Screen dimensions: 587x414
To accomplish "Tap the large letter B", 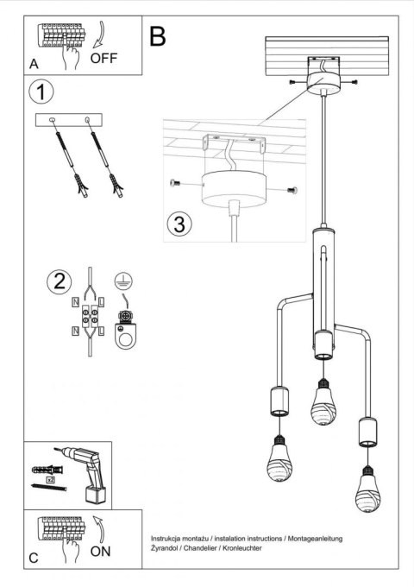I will coord(157,36).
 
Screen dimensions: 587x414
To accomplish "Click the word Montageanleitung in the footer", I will coord(307,539).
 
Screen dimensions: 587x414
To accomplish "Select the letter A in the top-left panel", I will coord(33,64).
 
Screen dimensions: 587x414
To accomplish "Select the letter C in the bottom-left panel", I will coord(33,559).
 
